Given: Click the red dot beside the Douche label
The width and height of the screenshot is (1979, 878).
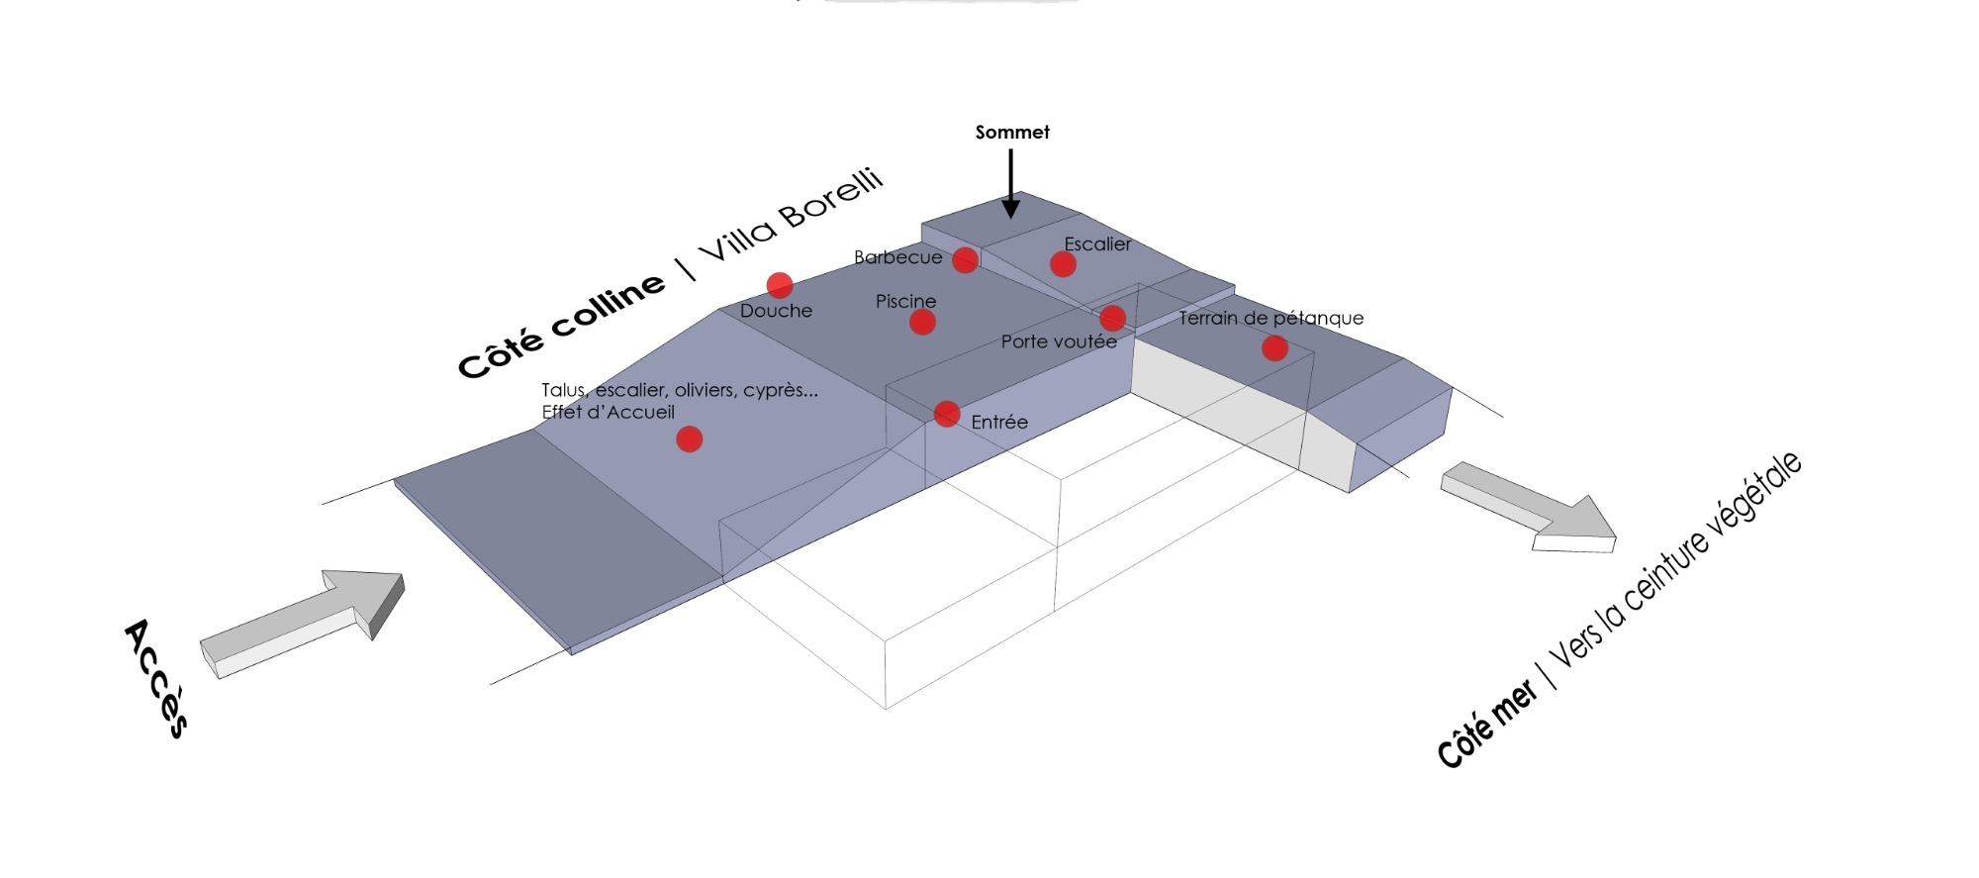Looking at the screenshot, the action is (780, 285).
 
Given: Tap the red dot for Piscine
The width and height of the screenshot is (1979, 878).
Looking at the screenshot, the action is (922, 322).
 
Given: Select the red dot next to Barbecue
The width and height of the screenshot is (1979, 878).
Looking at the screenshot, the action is (965, 260).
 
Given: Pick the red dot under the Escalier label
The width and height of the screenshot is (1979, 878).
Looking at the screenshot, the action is (1063, 264).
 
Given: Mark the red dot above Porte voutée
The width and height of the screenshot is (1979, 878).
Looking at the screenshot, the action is (1112, 318).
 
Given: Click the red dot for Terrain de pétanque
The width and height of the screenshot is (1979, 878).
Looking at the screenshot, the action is (1274, 348).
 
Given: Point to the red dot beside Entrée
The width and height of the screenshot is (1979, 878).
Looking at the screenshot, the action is (947, 414).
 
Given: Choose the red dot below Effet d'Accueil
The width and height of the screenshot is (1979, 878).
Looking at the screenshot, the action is (690, 439).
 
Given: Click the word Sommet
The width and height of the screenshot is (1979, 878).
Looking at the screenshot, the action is (1012, 132).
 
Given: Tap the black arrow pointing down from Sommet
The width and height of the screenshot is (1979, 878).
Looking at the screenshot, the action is (1010, 183).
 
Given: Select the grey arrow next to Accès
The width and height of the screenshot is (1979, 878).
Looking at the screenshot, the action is (303, 623).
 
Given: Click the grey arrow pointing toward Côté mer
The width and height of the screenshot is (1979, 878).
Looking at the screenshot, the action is (1528, 508).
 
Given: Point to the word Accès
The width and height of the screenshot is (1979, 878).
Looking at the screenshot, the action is (156, 678).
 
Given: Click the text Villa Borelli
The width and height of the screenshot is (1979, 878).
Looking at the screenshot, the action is (791, 215).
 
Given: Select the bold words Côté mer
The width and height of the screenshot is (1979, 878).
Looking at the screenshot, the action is (1487, 724).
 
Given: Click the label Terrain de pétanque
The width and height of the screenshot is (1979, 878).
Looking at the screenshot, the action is (1271, 318).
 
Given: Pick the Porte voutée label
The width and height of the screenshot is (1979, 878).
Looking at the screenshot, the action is (1059, 341).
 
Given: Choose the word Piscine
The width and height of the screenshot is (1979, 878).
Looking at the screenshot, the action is (905, 301).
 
